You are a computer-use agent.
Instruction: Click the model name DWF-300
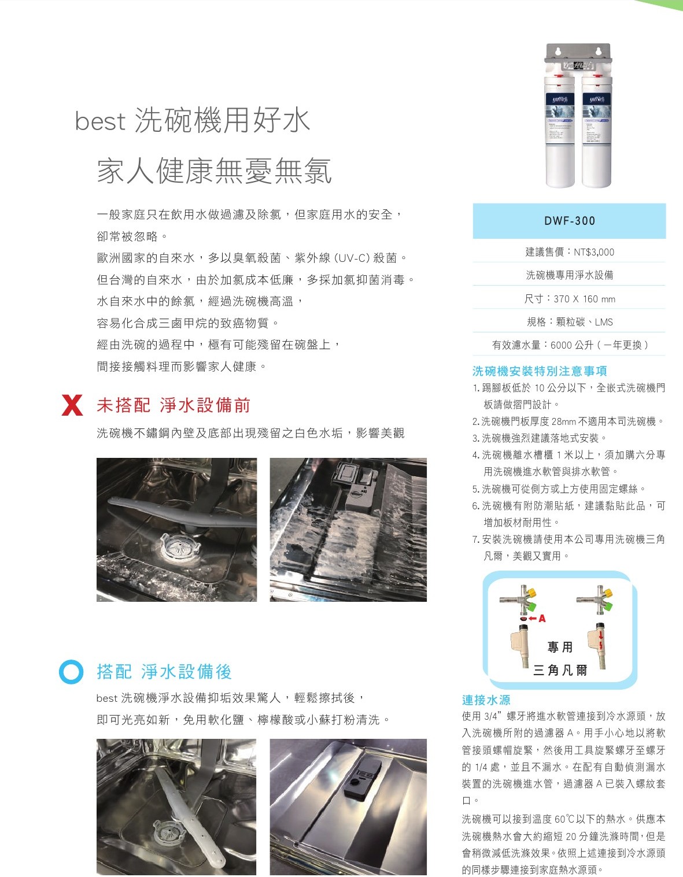569,221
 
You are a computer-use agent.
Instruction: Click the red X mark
72,405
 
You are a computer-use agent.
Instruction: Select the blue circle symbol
71,672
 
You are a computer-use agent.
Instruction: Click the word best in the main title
100,121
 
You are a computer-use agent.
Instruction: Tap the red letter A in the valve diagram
542,619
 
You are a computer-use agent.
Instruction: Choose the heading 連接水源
486,700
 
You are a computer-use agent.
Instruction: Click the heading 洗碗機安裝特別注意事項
540,371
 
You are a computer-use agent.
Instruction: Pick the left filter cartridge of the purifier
560,133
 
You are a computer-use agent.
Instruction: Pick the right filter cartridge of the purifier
596,133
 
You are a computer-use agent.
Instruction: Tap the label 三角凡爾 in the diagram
560,670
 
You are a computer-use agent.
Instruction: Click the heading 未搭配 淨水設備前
173,405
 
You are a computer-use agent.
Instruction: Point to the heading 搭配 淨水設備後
164,672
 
